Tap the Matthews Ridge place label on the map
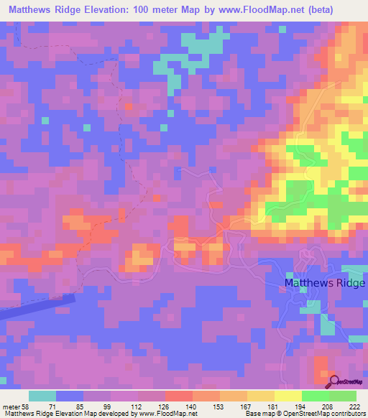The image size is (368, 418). point(325,283)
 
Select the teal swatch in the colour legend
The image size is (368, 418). point(42,396)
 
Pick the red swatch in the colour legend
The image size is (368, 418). point(178,396)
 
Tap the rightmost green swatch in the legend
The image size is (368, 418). point(343,396)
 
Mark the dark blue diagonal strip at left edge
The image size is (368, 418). point(36,307)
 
